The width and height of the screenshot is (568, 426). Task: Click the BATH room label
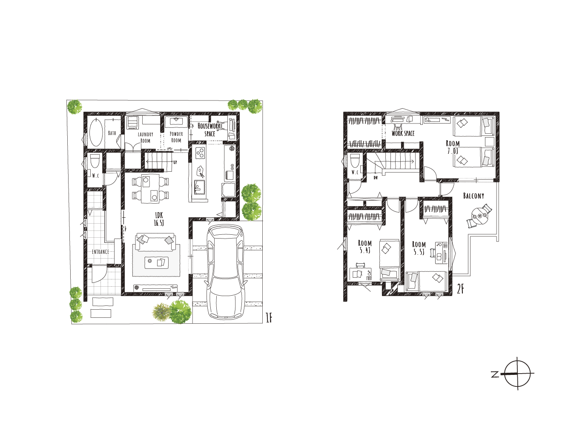coord(112,133)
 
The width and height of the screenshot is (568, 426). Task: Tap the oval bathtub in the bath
coord(96,132)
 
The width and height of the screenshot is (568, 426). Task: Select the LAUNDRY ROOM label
coord(146,138)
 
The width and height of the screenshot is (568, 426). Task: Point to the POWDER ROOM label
coord(176,137)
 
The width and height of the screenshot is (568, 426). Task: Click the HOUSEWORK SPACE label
coord(209,130)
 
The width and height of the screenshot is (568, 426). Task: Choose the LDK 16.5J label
coord(159,219)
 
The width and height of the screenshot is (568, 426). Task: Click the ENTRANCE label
coord(100,252)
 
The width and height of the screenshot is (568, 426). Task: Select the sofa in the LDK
coord(155,242)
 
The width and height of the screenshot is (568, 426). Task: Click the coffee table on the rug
coord(156,263)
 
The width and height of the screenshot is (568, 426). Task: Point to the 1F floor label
coord(269,317)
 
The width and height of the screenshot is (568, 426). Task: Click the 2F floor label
coord(460,289)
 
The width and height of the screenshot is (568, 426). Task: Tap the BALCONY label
coord(473,196)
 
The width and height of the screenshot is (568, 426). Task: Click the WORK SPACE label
coord(403,133)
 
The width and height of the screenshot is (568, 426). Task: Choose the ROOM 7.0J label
coord(453,147)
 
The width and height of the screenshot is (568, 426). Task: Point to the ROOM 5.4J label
coord(365,247)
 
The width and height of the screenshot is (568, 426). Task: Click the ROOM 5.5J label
coord(419,248)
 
